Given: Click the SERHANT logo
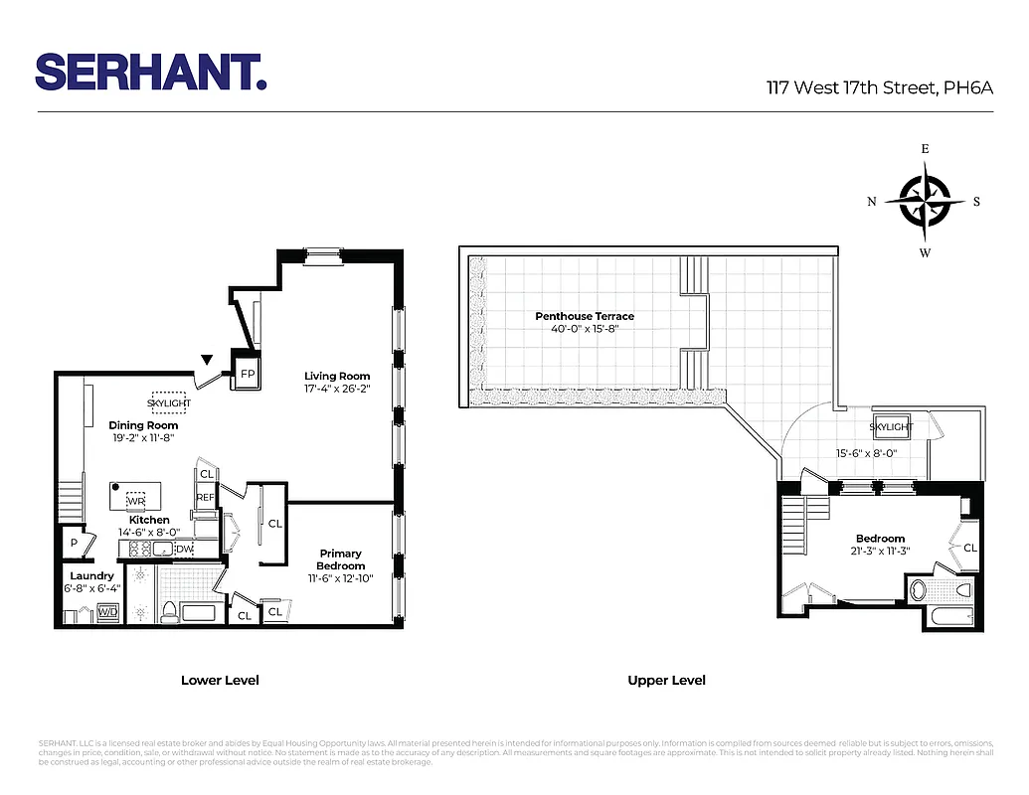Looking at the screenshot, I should pos(151,72).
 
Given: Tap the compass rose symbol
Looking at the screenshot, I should pos(925,201).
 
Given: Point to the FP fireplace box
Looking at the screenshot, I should pos(248,375).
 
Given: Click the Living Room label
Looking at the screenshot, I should pos(337,376).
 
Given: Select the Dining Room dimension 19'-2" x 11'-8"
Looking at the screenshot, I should pos(143,438).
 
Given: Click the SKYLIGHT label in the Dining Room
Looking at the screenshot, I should pos(168,403).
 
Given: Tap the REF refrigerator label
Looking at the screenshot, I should pos(205,497).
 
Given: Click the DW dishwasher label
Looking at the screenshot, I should pos(185,549).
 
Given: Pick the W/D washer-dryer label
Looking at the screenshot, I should pos(106,613).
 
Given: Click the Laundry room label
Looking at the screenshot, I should pos(91,575).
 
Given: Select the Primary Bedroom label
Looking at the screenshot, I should pos(340,559).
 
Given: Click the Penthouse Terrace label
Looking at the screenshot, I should pos(585,316).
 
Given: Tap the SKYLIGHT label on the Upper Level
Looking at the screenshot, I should pos(891,427).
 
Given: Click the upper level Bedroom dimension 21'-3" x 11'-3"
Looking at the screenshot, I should pos(880,552).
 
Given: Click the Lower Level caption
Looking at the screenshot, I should pos(220,681).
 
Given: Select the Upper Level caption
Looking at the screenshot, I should pos(666,681).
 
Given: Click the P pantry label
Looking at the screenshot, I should pos(74,544).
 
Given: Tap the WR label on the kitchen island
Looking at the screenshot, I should pos(135,499).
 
